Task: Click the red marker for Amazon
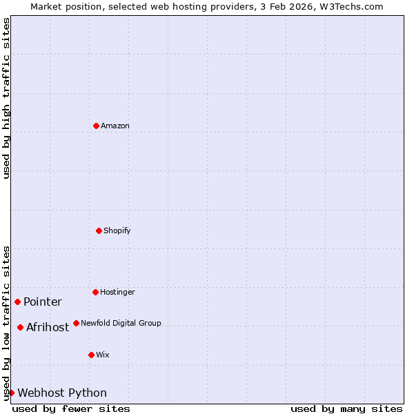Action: click(x=96, y=126)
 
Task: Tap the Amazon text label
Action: click(x=115, y=126)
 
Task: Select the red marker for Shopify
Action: click(x=99, y=230)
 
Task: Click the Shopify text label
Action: click(x=117, y=230)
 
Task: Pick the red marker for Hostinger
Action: click(x=95, y=292)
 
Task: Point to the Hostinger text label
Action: click(x=117, y=292)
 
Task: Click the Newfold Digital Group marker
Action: click(x=76, y=323)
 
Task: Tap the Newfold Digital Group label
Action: click(x=121, y=323)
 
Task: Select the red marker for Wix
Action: click(x=91, y=355)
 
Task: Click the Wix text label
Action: click(x=102, y=355)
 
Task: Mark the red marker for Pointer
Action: click(x=17, y=302)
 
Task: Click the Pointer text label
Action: click(x=43, y=302)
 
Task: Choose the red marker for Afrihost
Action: click(x=20, y=327)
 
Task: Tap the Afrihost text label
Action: click(x=48, y=327)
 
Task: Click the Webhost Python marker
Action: click(x=11, y=393)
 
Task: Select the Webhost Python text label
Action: click(x=62, y=393)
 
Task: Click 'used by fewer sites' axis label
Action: click(x=71, y=408)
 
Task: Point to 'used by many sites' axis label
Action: click(x=346, y=408)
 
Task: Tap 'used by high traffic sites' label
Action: click(x=6, y=98)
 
